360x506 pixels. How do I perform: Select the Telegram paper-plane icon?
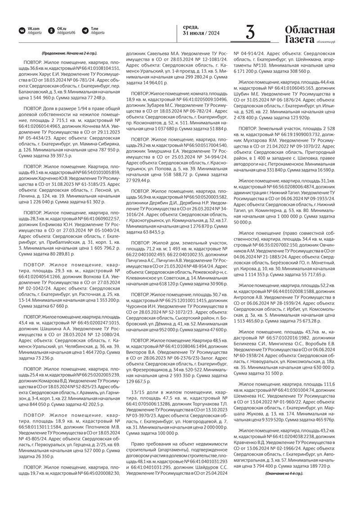coord(85,31)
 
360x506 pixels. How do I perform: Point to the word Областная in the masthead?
coord(310,30)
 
